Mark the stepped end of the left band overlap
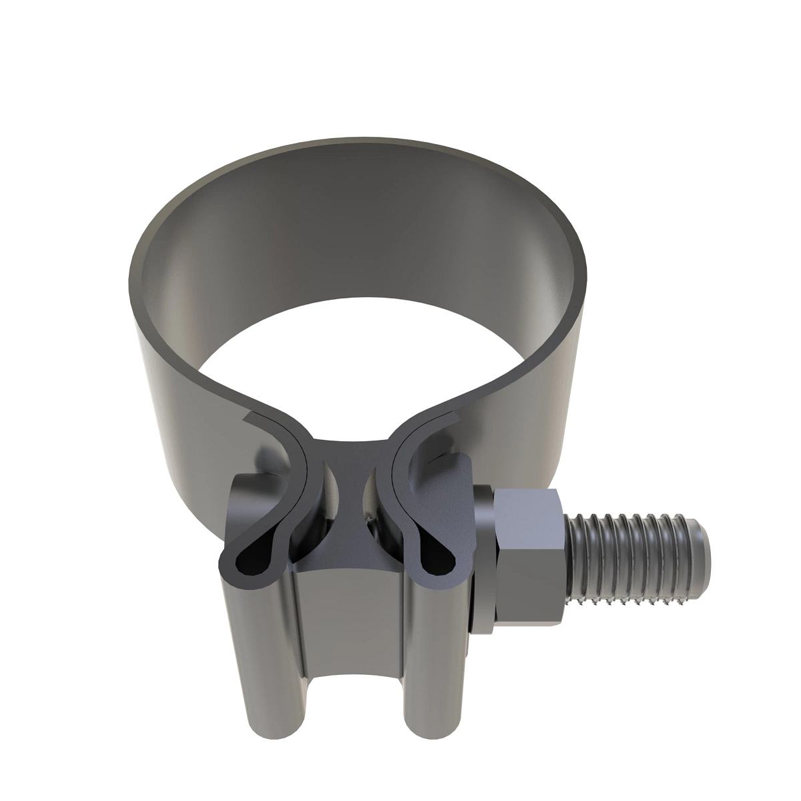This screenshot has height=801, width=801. click(x=251, y=418)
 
